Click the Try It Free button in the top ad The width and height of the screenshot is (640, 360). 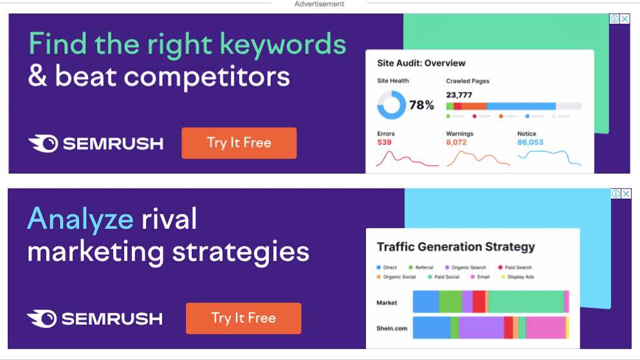coord(239,143)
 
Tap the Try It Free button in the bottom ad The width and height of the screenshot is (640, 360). coord(243,318)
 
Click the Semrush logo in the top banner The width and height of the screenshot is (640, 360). coord(96,143)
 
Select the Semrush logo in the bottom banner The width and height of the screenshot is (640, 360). coord(95,319)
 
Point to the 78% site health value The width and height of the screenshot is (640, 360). coord(421,105)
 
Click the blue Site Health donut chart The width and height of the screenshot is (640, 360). coord(391,105)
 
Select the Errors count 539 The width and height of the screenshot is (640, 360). coord(384,142)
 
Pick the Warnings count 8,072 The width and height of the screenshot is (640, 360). coord(456,142)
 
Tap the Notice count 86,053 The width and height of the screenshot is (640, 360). coord(530,142)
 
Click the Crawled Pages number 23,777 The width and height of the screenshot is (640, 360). coord(459,95)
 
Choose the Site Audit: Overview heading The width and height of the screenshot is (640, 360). coord(421,63)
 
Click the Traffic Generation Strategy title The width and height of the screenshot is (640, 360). coord(455,247)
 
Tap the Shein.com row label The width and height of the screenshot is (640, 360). coord(392,328)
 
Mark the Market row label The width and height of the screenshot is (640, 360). coord(387,302)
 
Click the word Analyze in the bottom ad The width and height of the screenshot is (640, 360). coord(80,219)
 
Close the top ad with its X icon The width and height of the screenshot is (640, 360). coord(625,19)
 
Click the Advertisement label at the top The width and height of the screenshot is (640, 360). coord(319,4)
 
